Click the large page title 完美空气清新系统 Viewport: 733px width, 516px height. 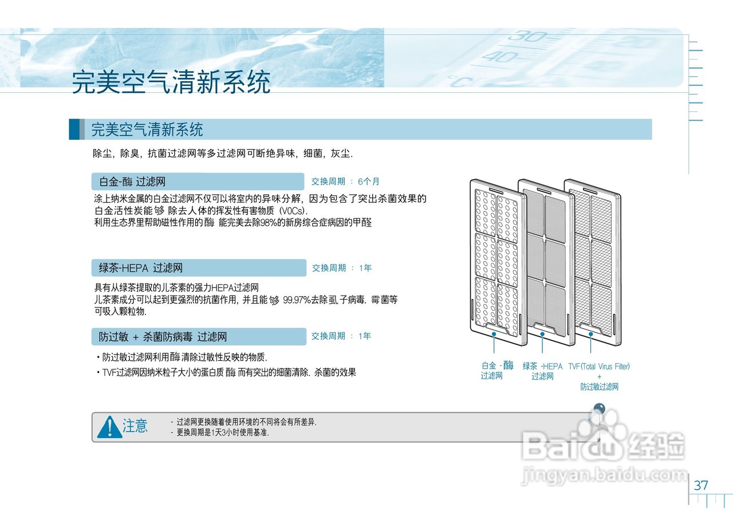coord(171,82)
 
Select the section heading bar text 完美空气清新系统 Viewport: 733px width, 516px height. coord(147,129)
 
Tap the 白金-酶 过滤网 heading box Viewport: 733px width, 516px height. coord(197,182)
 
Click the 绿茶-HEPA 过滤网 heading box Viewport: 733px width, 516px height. coord(199,267)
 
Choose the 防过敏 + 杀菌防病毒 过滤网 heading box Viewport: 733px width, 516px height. coord(199,337)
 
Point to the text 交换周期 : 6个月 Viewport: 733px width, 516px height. coord(345,182)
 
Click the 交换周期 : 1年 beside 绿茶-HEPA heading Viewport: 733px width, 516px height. coord(342,267)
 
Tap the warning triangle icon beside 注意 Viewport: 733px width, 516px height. coord(109,427)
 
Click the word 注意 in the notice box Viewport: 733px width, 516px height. coord(135,426)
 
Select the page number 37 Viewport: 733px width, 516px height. coord(701,486)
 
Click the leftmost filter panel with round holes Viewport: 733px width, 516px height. coord(497,263)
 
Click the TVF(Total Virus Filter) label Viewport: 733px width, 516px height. coord(599,367)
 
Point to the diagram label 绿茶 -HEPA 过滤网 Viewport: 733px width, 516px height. coord(542,371)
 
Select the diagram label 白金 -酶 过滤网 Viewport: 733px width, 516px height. coord(496,371)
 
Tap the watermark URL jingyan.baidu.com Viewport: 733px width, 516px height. coord(604,475)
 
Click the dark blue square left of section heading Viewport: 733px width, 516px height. coord(74,129)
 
